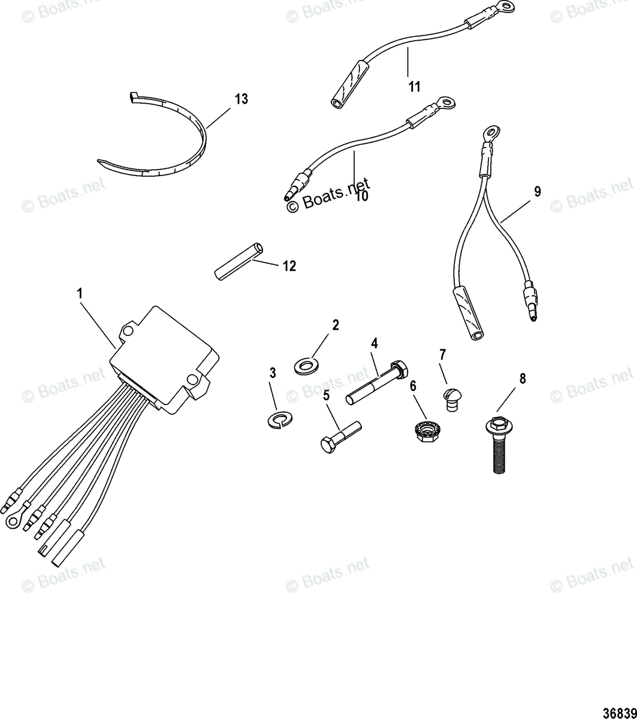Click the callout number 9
pos(537,192)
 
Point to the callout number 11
pos(414,87)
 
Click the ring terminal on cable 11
pos(493,8)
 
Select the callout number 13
pos(241,99)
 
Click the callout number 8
pos(522,379)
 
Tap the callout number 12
pos(289,265)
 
